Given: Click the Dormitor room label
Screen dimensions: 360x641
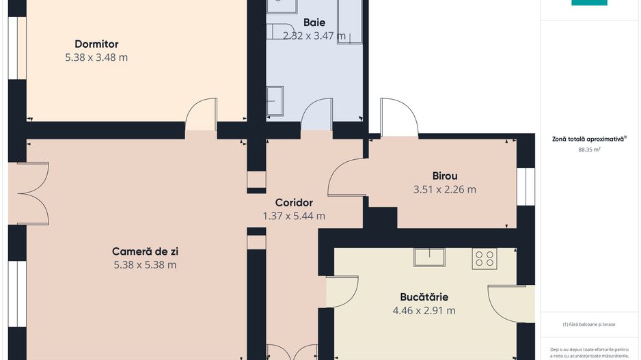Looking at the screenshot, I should pos(96,44).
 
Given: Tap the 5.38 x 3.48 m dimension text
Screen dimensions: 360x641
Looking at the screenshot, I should pos(96,57).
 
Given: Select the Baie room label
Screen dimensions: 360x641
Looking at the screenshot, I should pos(314,23).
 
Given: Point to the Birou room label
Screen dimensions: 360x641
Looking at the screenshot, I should pos(444,176).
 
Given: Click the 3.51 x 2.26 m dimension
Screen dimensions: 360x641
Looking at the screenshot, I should pos(444,189).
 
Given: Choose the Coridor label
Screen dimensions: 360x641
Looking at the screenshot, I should pos(294,202).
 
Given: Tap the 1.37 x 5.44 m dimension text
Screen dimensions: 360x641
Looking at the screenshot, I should pos(294,216).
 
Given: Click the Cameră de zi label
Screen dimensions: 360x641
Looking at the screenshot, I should pos(146,251).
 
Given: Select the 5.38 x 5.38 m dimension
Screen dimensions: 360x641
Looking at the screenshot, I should pos(145,265).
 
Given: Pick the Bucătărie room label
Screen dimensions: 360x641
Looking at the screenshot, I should pos(424,297).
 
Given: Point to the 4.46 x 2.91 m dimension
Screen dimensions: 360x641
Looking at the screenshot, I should pos(424,311).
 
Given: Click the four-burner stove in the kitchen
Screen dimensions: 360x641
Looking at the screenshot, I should pos(485,258).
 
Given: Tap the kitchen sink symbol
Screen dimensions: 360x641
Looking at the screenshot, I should pos(429,257).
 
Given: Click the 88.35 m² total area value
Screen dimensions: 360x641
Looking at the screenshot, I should pos(589,149).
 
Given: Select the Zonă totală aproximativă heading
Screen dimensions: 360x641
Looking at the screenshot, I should pos(589,139).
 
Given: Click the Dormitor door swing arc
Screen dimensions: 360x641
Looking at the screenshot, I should pos(201,113).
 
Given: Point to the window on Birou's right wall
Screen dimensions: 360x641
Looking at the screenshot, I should pos(525,186).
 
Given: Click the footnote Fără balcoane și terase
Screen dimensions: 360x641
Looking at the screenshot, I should pos(589,324).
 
